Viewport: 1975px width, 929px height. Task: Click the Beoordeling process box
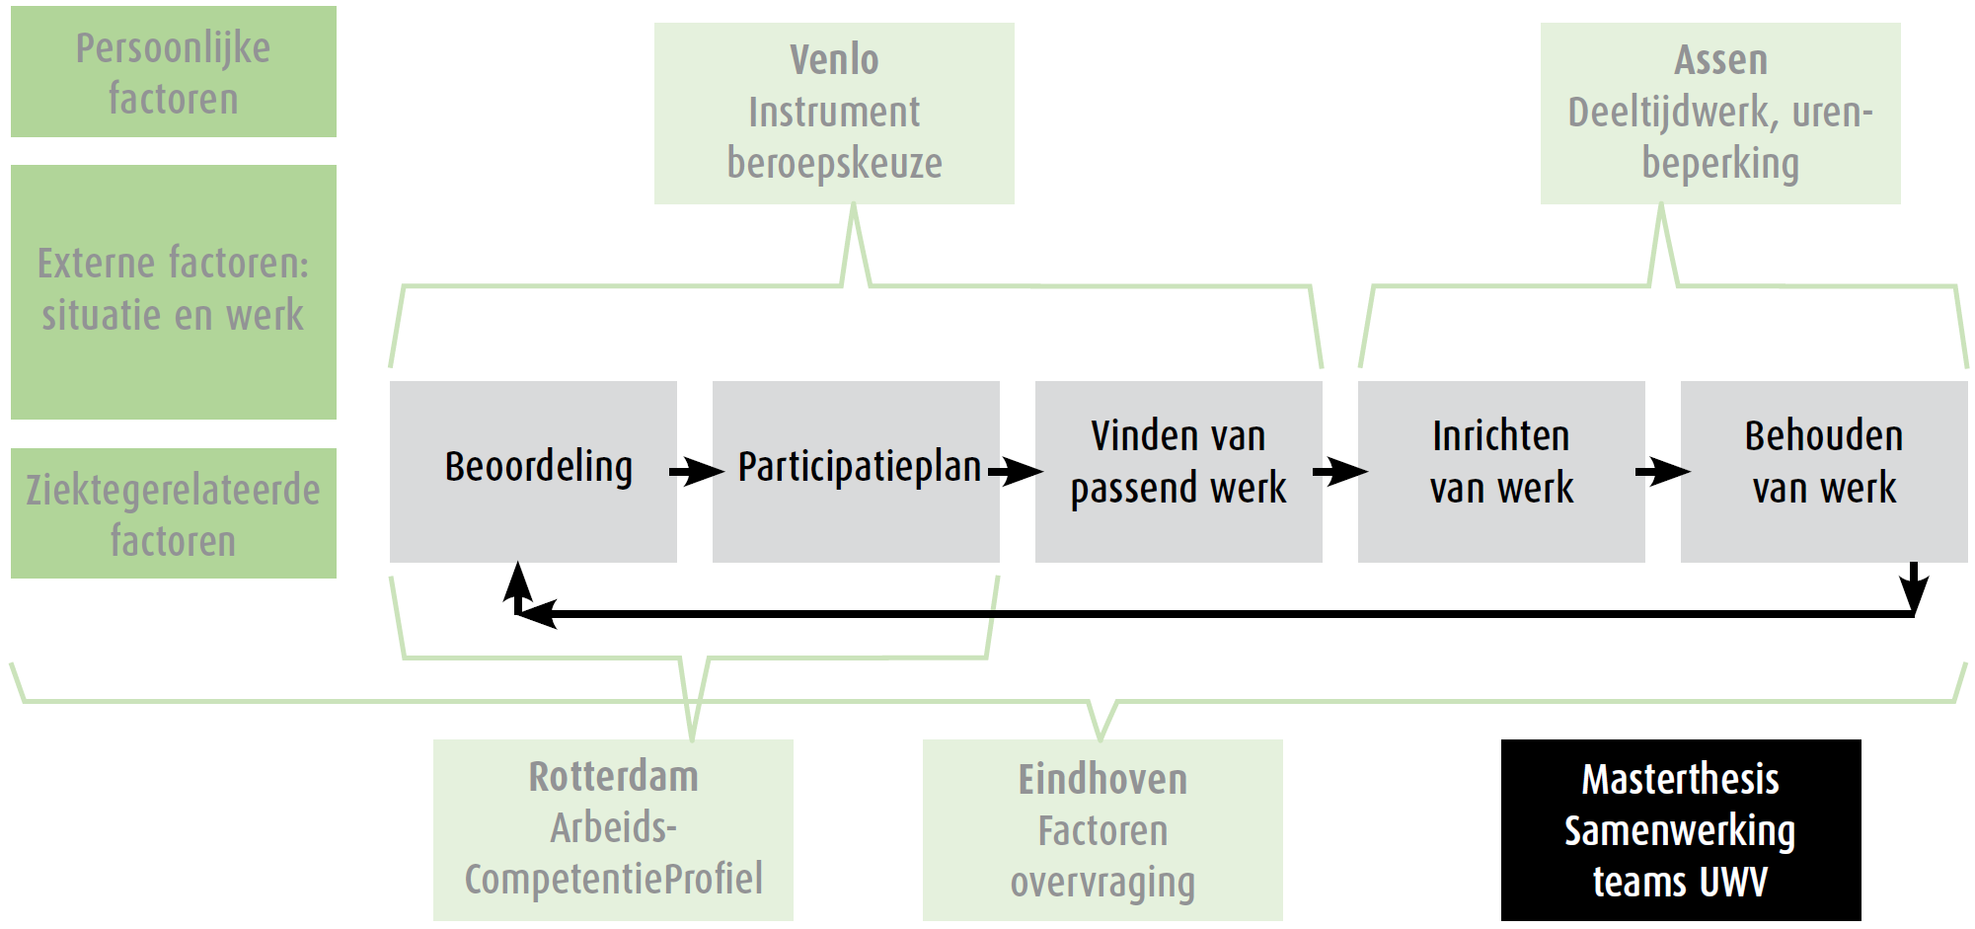pyautogui.click(x=533, y=471)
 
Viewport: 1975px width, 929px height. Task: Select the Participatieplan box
pyautogui.click(x=856, y=471)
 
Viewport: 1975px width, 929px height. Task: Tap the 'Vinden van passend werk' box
pyautogui.click(x=1178, y=471)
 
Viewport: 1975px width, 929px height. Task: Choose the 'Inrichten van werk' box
pyautogui.click(x=1501, y=471)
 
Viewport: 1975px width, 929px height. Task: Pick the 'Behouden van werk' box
pyautogui.click(x=1824, y=471)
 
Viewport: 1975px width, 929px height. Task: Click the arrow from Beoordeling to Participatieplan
pyautogui.click(x=697, y=471)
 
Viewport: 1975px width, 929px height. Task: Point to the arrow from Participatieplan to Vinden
pyautogui.click(x=1017, y=471)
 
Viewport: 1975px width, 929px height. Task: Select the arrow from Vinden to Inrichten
pyautogui.click(x=1340, y=471)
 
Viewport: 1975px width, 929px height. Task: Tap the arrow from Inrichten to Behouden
pyautogui.click(x=1663, y=471)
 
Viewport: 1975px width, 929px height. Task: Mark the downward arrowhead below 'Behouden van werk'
pyautogui.click(x=1914, y=592)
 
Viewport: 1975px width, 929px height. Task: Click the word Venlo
pyautogui.click(x=834, y=60)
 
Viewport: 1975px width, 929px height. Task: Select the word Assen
pyautogui.click(x=1720, y=60)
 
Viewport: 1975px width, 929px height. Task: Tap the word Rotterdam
pyautogui.click(x=613, y=777)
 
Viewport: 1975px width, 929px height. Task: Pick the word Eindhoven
pyautogui.click(x=1102, y=780)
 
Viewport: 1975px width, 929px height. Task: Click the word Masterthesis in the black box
pyautogui.click(x=1680, y=780)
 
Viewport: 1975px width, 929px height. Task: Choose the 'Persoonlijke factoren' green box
pyautogui.click(x=174, y=72)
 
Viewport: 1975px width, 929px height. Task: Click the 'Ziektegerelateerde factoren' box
pyautogui.click(x=174, y=513)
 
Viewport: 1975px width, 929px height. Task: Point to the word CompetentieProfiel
pyautogui.click(x=613, y=879)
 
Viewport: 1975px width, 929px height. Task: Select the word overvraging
pyautogui.click(x=1102, y=883)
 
